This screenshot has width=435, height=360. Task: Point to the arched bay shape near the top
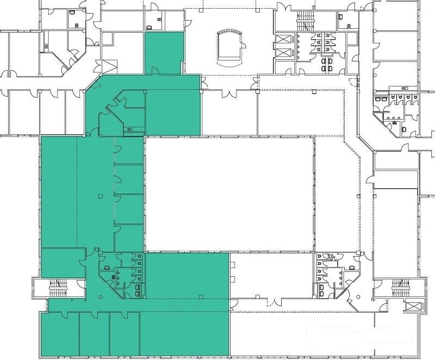228,46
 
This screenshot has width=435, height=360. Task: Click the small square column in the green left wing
100,196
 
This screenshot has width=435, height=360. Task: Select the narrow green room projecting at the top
164,53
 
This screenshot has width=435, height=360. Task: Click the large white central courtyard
229,193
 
